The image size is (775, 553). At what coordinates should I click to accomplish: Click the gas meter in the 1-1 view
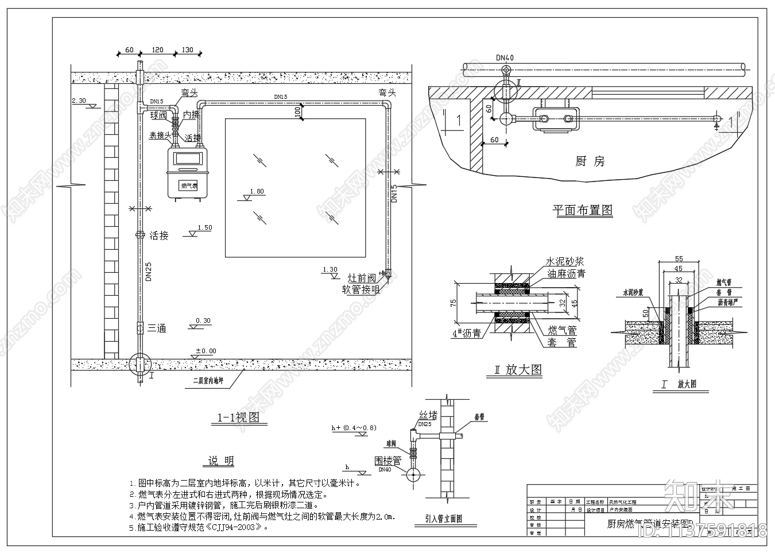tap(186, 172)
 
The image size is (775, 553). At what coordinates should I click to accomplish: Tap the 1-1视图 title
tap(238, 417)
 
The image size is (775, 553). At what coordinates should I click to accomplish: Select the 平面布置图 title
tap(582, 210)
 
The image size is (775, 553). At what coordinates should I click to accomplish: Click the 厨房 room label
tap(590, 161)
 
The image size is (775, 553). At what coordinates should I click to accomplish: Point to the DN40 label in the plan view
tap(505, 57)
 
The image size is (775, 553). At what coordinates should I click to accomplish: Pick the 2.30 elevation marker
tap(79, 101)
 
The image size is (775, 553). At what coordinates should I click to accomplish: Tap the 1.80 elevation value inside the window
tap(257, 191)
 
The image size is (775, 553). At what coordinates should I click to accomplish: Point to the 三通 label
tap(157, 328)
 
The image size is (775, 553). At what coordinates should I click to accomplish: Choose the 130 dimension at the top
tap(187, 50)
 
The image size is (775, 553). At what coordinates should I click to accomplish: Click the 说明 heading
tap(220, 461)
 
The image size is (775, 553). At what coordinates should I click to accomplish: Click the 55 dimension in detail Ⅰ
tap(679, 259)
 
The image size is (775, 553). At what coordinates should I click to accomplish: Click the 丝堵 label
tap(428, 415)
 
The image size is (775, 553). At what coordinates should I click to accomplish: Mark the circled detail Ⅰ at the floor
tap(139, 365)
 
